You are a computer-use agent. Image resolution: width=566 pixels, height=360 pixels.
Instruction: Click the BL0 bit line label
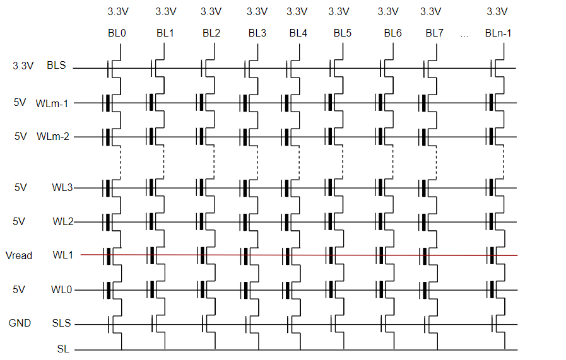pyautogui.click(x=117, y=33)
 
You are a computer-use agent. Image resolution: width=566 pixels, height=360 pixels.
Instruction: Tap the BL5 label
pyautogui.click(x=343, y=33)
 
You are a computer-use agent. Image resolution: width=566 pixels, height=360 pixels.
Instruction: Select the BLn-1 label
pyautogui.click(x=498, y=33)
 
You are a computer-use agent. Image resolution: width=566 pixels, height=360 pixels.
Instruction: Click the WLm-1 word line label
pyautogui.click(x=52, y=102)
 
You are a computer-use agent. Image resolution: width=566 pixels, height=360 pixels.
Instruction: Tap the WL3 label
pyautogui.click(x=62, y=187)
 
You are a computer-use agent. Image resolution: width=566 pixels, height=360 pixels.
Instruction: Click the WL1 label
pyautogui.click(x=62, y=255)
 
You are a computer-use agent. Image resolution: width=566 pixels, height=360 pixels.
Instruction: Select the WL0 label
pyautogui.click(x=62, y=290)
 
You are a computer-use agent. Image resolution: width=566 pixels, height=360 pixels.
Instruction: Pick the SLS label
pyautogui.click(x=62, y=323)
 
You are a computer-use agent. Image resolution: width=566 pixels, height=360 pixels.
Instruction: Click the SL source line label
pyautogui.click(x=63, y=348)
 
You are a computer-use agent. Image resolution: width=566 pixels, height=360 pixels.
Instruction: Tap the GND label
pyautogui.click(x=20, y=323)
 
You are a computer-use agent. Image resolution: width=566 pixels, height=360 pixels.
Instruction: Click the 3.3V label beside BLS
pyautogui.click(x=23, y=66)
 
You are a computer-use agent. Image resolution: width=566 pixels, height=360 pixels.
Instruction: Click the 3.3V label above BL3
pyautogui.click(x=257, y=11)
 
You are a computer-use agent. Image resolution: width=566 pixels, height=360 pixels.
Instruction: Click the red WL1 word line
pyautogui.click(x=303, y=255)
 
